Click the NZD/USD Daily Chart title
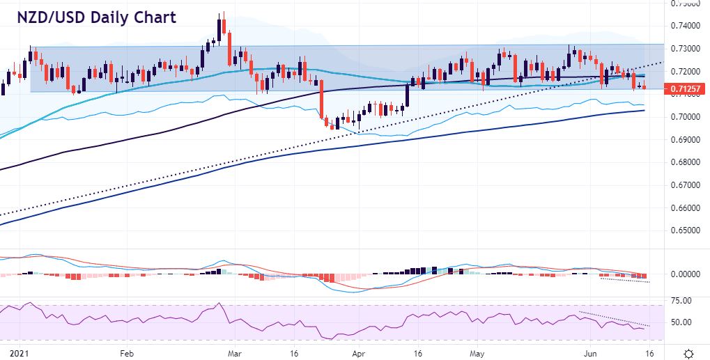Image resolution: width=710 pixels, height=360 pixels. coord(97,17)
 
